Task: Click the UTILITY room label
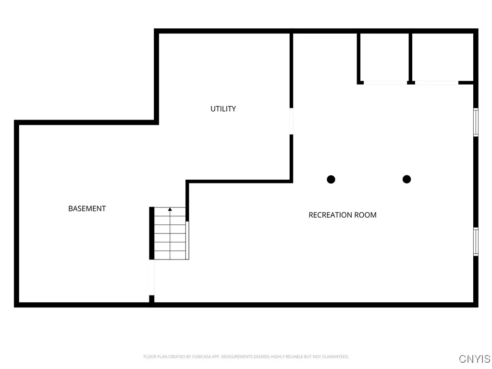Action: click(x=223, y=109)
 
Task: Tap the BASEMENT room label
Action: click(x=87, y=209)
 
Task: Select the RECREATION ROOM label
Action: click(x=342, y=215)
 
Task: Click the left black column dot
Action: click(x=331, y=179)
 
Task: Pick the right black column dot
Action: click(x=406, y=179)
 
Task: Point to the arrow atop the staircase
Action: click(x=170, y=209)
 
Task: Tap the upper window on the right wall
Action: click(x=476, y=122)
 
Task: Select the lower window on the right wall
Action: click(x=476, y=241)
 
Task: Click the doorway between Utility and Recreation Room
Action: click(x=291, y=121)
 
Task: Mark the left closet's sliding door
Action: click(x=385, y=83)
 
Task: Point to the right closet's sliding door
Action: click(x=436, y=83)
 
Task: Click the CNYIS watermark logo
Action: click(x=475, y=358)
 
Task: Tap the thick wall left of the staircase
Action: click(x=152, y=233)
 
